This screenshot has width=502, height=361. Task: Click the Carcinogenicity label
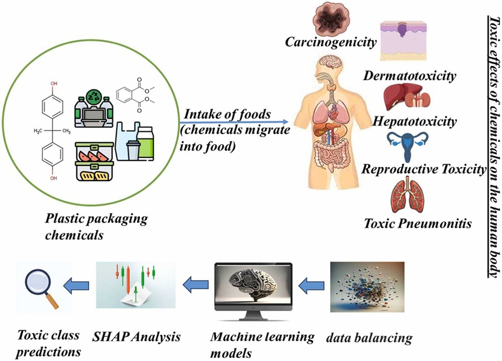tap(331, 42)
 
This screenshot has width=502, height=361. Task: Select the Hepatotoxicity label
tap(415, 122)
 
